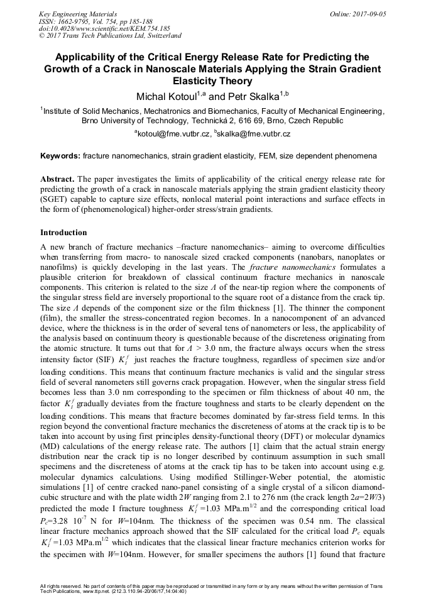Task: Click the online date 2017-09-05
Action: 369,13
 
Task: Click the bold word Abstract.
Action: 57,179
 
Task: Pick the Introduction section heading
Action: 63,233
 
